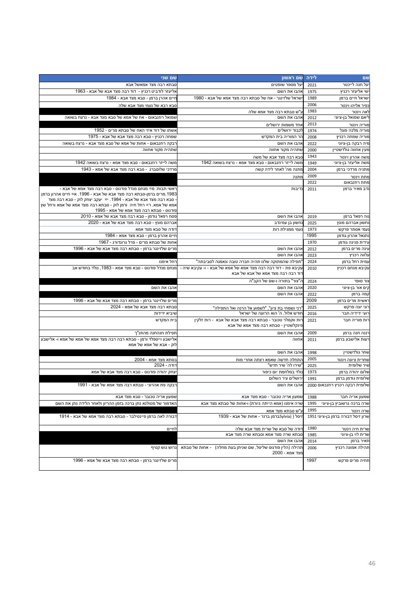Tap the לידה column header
[x=311, y=78]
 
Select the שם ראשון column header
[x=292, y=78]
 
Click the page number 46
[x=372, y=563]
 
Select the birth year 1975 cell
[x=312, y=91]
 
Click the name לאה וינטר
[x=360, y=111]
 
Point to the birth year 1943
[x=312, y=156]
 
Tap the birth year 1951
[x=312, y=417]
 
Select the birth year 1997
[x=312, y=460]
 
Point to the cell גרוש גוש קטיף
[x=164, y=448]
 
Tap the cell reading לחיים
[x=172, y=428]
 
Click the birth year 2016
[x=312, y=313]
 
